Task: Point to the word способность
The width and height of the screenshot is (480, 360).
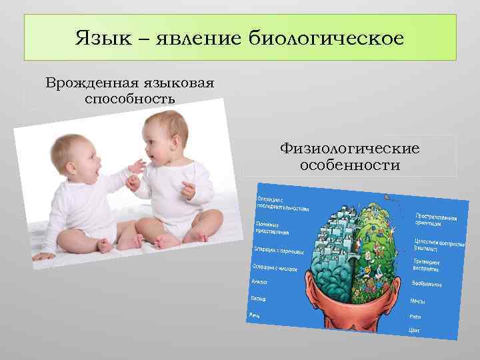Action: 130,99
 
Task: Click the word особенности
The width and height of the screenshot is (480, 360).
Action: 350,164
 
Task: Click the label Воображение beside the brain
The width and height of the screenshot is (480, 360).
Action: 427,284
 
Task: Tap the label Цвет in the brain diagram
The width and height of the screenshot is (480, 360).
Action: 415,329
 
